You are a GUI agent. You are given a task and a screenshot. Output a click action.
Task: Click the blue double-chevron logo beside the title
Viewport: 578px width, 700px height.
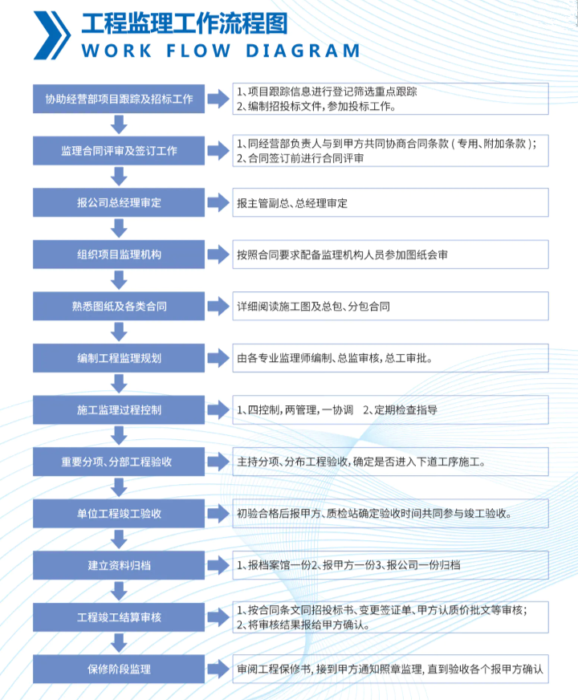tap(51, 35)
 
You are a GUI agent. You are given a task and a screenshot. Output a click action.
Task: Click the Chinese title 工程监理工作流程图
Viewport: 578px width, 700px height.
tap(185, 23)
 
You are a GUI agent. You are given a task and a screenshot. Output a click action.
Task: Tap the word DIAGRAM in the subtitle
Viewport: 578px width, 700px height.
tap(303, 51)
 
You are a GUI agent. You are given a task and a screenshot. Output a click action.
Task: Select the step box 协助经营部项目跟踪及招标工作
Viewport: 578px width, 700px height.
tap(119, 99)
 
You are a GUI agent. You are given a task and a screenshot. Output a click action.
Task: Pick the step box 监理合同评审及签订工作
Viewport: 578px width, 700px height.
tap(119, 151)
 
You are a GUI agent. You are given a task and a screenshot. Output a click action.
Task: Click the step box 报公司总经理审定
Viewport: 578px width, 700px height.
tap(119, 202)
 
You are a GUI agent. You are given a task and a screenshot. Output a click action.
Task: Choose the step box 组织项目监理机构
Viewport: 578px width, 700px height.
tap(119, 254)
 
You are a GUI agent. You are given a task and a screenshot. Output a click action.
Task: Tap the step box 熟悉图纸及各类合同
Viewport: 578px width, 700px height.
tap(119, 307)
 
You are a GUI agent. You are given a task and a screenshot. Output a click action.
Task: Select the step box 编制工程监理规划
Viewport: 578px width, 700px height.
tap(119, 358)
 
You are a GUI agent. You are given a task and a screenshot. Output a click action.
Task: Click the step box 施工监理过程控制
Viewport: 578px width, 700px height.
tap(119, 410)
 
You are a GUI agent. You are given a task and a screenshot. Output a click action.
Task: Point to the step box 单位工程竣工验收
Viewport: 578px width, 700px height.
tap(119, 514)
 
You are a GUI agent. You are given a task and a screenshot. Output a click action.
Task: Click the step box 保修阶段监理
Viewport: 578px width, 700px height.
tap(119, 669)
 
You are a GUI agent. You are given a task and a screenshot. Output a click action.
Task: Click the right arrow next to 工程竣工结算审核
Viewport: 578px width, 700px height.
tap(218, 617)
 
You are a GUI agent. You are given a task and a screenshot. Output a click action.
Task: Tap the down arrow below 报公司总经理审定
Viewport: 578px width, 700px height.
tap(119, 228)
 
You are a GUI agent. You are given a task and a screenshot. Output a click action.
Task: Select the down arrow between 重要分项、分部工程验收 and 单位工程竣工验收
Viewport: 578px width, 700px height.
tap(119, 487)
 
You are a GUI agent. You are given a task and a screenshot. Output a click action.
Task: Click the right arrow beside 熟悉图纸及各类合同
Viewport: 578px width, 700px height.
tap(218, 307)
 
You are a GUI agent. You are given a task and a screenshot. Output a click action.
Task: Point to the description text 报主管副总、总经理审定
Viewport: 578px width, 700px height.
tap(292, 204)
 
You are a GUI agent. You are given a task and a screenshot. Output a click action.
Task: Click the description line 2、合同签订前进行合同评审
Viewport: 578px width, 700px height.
tap(300, 158)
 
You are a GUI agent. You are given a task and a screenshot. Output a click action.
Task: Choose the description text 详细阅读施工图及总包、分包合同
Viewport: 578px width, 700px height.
tap(313, 307)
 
